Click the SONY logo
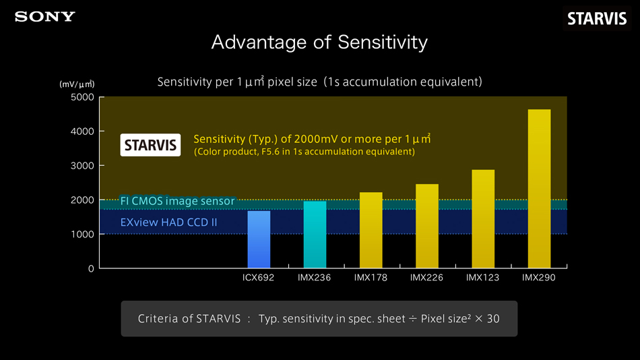click(x=45, y=17)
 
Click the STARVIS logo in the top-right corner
click(x=596, y=19)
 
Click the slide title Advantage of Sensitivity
click(x=319, y=42)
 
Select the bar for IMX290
click(x=539, y=189)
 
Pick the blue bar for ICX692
click(x=259, y=239)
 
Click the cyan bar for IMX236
click(x=315, y=235)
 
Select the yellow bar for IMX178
click(x=371, y=230)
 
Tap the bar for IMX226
click(x=426, y=226)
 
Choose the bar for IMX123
click(x=483, y=219)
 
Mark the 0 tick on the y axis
click(x=90, y=269)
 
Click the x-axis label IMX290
click(x=539, y=278)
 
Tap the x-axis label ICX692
click(x=259, y=278)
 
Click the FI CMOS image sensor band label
click(x=177, y=201)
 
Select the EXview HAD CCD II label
click(x=168, y=222)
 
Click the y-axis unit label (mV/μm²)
click(x=77, y=84)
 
